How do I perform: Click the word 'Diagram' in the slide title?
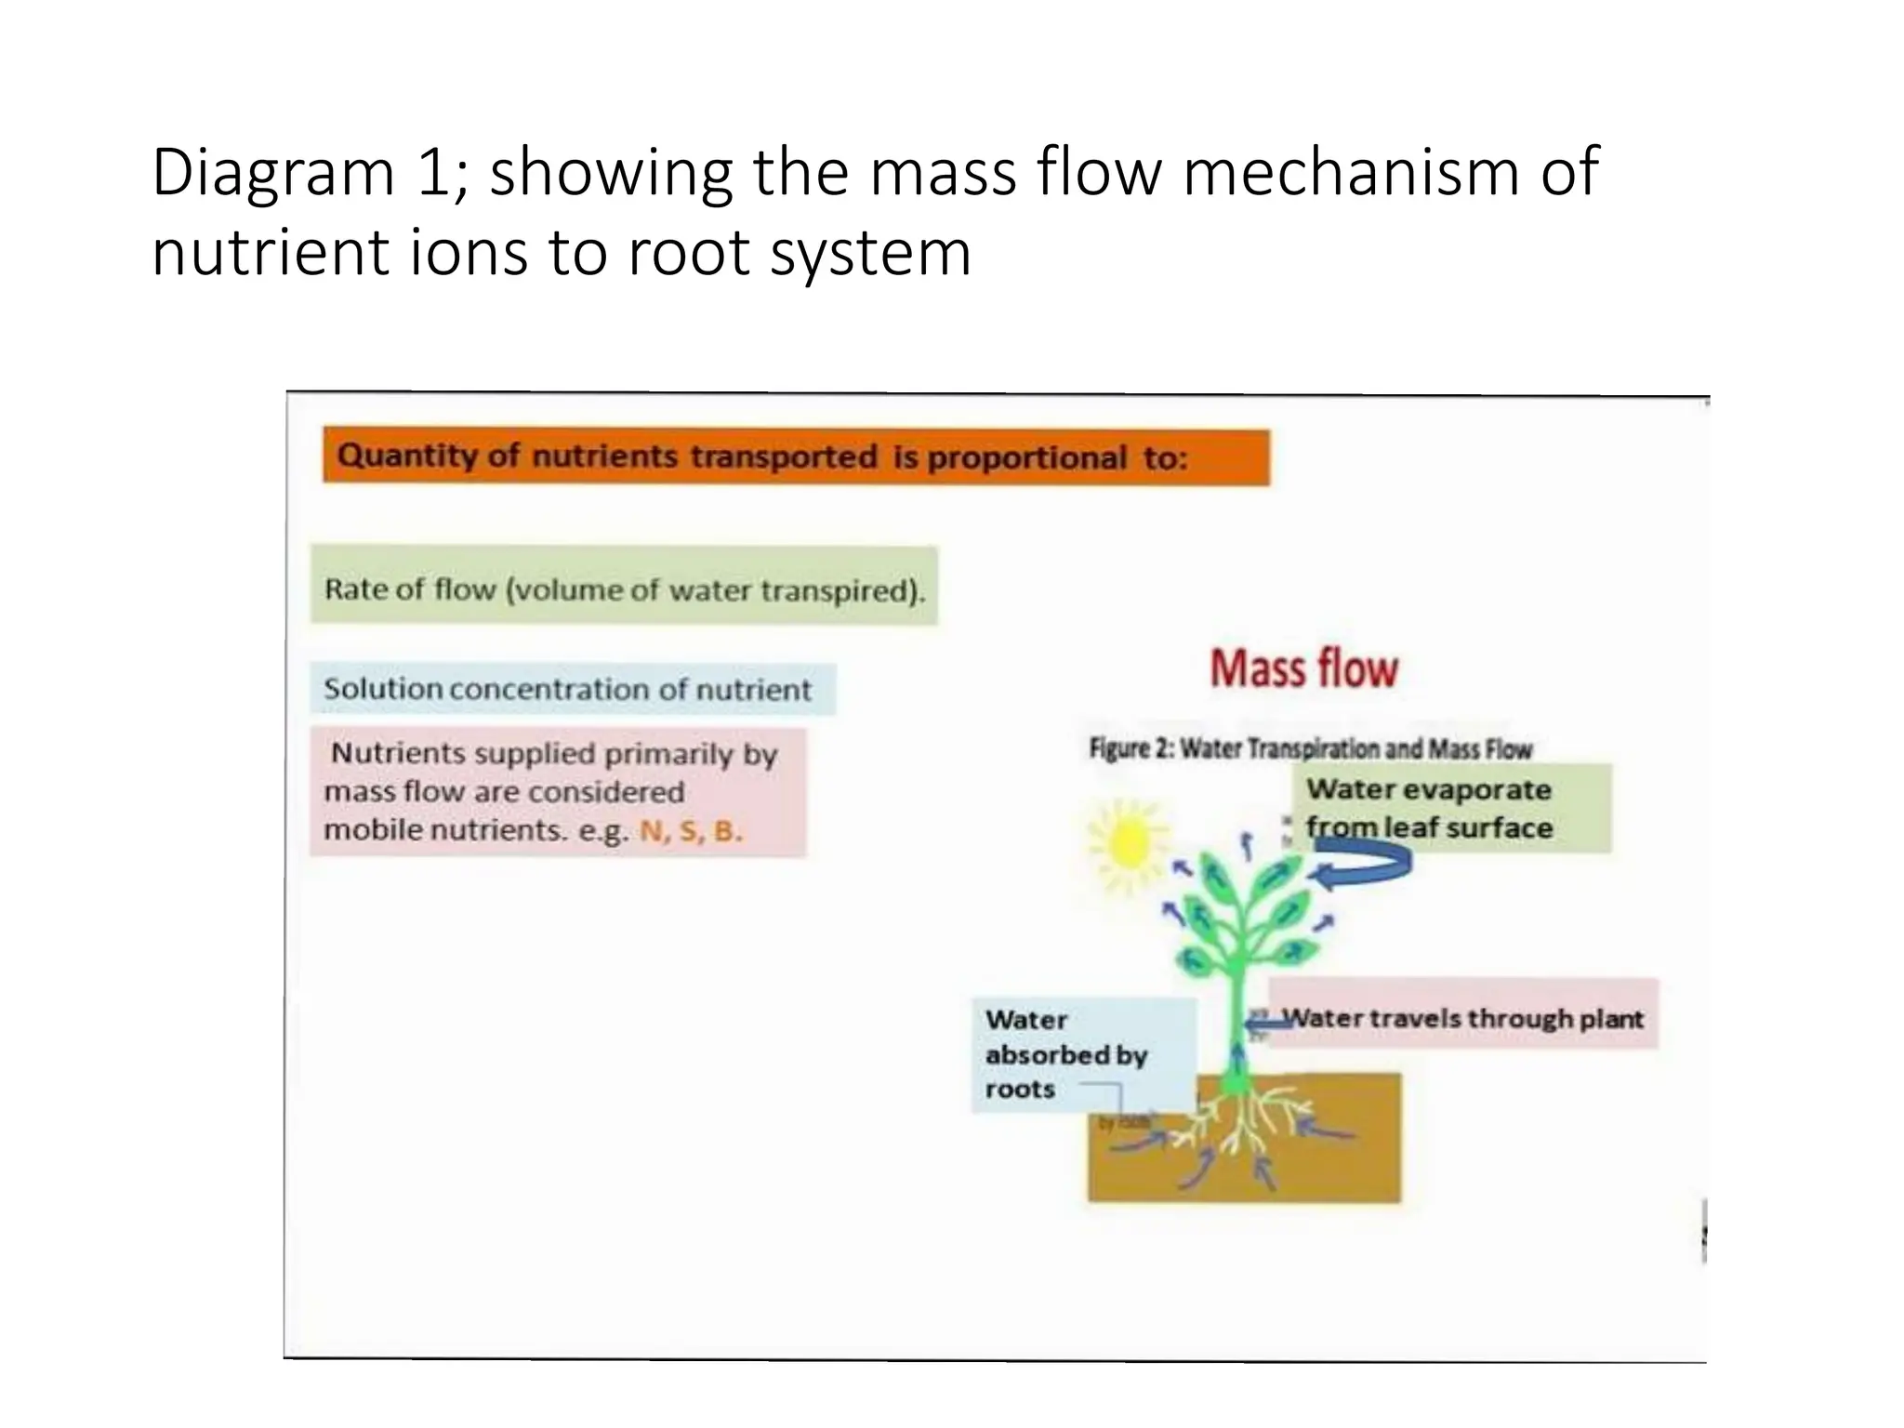pyautogui.click(x=273, y=175)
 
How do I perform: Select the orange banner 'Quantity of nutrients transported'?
pyautogui.click(x=795, y=457)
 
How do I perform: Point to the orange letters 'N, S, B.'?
pyautogui.click(x=691, y=830)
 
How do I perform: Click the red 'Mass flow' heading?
pyautogui.click(x=1303, y=668)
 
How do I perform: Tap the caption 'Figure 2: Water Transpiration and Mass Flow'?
pyautogui.click(x=1310, y=748)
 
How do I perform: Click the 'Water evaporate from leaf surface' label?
pyautogui.click(x=1450, y=807)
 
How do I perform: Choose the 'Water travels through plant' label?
pyautogui.click(x=1462, y=1018)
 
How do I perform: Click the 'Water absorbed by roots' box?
pyautogui.click(x=1069, y=1054)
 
